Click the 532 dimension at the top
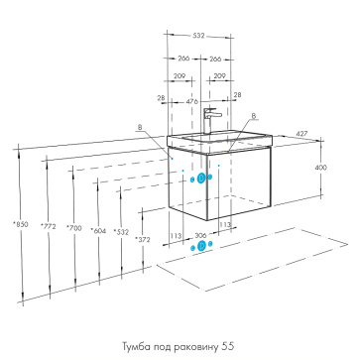coord(199,36)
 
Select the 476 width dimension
coord(191,101)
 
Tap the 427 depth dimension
coord(301,134)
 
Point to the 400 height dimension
coord(320,168)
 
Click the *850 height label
coord(21,224)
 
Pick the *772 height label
coord(49,226)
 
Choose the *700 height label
coord(74,228)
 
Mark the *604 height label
coord(98,231)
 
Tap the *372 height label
coord(143,240)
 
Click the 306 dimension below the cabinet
coord(200,236)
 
